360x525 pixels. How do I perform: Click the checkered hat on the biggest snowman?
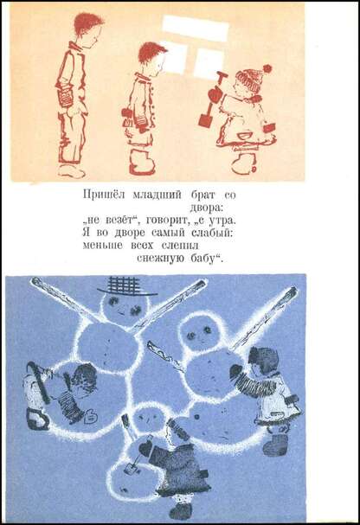[x=125, y=287]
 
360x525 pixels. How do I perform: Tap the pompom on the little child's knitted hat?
[x=267, y=69]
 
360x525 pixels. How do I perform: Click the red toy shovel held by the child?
[x=212, y=99]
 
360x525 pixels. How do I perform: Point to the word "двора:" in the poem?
[x=207, y=208]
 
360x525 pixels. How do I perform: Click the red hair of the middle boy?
[x=151, y=53]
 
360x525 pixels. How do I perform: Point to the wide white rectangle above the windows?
[x=196, y=29]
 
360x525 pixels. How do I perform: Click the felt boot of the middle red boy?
[x=141, y=163]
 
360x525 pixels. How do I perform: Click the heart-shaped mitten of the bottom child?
[x=145, y=447]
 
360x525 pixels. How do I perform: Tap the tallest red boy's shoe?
[x=71, y=171]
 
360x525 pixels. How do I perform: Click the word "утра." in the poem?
[x=222, y=221]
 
